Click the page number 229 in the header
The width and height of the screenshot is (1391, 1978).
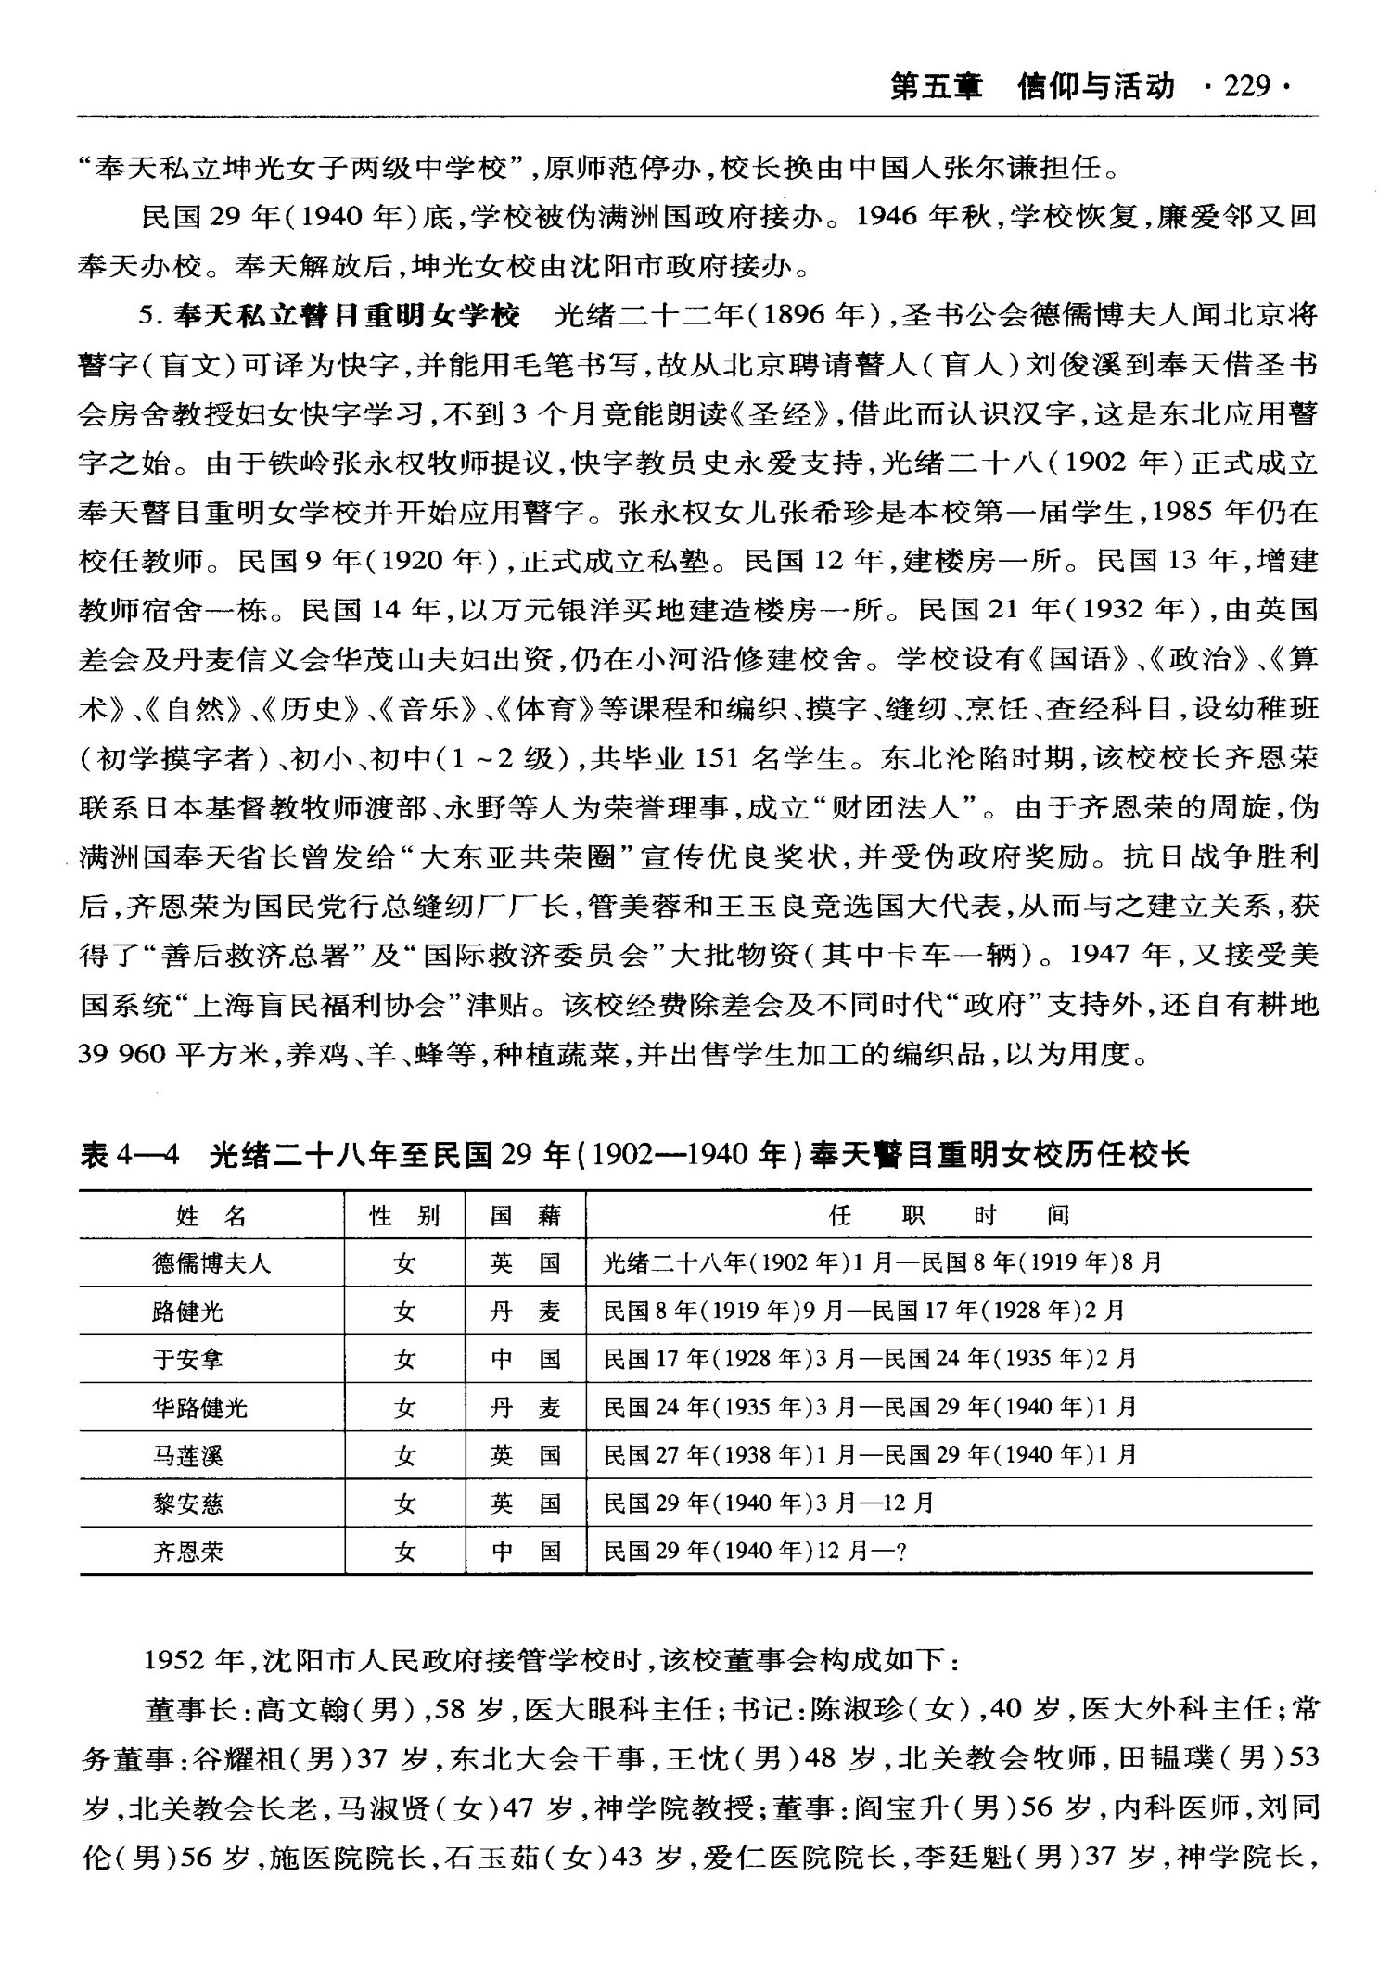(x=1246, y=87)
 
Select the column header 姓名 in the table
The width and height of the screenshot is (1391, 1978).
(x=211, y=1215)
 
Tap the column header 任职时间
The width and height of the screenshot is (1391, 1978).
(x=950, y=1215)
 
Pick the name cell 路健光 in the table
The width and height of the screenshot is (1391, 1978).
(x=188, y=1312)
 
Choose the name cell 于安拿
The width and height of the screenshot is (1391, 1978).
(x=188, y=1360)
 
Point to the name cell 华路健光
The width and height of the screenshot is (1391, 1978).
(x=200, y=1408)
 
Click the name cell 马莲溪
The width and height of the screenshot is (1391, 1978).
(x=188, y=1456)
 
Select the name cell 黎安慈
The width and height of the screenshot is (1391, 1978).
(x=188, y=1503)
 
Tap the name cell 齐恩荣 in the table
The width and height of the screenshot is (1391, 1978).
(x=188, y=1552)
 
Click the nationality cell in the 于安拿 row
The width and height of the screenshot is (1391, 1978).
(x=526, y=1360)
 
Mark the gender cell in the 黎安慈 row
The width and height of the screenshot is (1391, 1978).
(x=404, y=1503)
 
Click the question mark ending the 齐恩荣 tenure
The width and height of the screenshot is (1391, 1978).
(x=898, y=1553)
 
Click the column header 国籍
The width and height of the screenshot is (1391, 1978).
(x=526, y=1215)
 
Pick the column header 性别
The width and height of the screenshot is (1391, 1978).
(x=404, y=1215)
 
